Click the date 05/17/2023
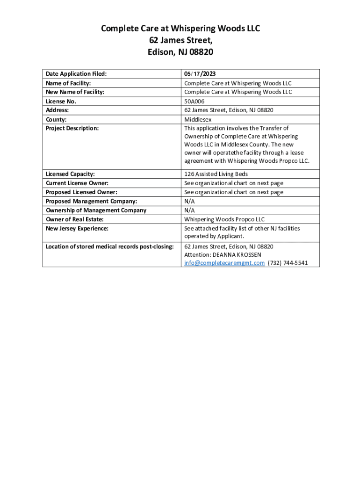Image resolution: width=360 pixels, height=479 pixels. pos(200,74)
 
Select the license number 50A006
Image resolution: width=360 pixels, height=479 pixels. pos(194,101)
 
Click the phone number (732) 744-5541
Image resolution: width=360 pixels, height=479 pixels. pos(288,263)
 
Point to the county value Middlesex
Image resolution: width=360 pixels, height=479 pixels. pos(198,119)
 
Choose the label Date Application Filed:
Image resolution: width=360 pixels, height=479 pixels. pos(76,74)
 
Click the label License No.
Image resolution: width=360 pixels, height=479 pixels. pos(61,101)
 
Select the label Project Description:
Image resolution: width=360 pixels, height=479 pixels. pos(72,128)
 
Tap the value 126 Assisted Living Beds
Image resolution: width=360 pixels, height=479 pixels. pos(216,174)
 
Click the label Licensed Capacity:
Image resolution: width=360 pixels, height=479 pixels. pos(70,174)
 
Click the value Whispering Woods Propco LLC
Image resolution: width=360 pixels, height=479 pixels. pos(224,219)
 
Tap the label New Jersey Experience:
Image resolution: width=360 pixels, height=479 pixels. pos(77,228)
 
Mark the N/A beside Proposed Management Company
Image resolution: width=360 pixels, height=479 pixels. pos(189,201)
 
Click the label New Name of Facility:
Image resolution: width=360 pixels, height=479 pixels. pos(75,92)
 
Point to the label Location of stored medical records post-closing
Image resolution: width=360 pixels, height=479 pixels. pos(110,246)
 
